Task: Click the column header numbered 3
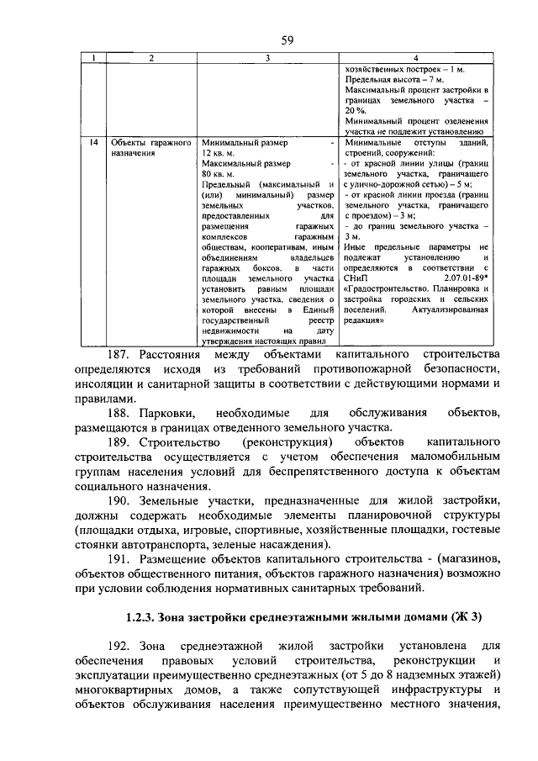(267, 58)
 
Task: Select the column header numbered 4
(418, 58)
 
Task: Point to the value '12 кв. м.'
(218, 155)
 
